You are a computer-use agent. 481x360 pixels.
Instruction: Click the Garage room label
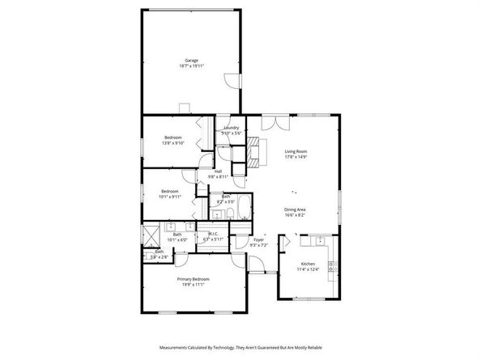click(x=192, y=61)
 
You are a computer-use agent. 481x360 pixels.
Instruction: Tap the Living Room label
click(x=296, y=151)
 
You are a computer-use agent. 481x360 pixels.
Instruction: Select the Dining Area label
click(x=295, y=210)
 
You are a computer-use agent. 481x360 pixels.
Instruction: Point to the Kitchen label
click(x=308, y=264)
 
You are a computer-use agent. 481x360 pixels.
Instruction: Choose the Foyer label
click(x=258, y=239)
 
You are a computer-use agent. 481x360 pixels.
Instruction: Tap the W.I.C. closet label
click(x=213, y=235)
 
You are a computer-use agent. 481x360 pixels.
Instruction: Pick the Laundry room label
click(x=231, y=128)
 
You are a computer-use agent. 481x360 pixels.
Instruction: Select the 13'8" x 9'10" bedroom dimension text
click(x=173, y=143)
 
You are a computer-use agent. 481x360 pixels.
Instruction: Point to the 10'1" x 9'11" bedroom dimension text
click(x=169, y=197)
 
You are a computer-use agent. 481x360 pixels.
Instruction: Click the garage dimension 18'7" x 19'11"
click(x=192, y=66)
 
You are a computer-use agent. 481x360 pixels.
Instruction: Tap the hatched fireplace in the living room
click(x=256, y=150)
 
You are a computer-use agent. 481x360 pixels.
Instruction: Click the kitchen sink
click(x=321, y=240)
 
